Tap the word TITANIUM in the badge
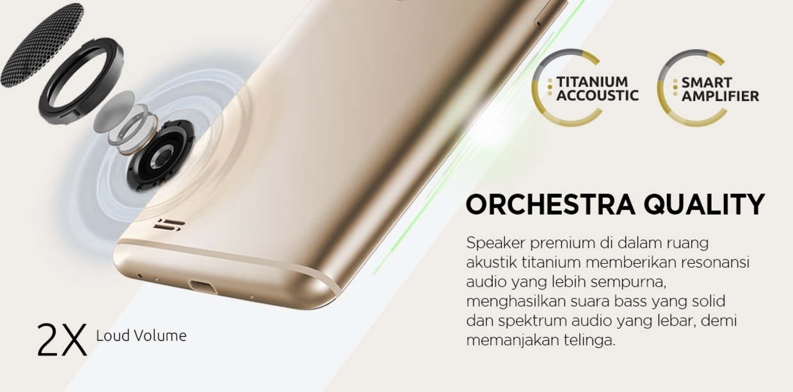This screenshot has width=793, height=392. pos(592,82)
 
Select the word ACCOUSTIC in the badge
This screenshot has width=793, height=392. pos(598,95)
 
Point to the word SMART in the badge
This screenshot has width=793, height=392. pos(707,83)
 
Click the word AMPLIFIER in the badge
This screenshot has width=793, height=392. pos(720,96)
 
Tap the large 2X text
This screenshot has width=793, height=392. pos(62,339)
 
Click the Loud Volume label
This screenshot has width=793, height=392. pos(141,336)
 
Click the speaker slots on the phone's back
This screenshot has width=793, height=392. pos(169,225)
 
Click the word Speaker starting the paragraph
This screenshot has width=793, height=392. pos(495,244)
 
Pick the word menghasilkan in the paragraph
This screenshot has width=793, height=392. pos(515,301)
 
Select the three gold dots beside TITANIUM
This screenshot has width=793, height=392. pos(550,87)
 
